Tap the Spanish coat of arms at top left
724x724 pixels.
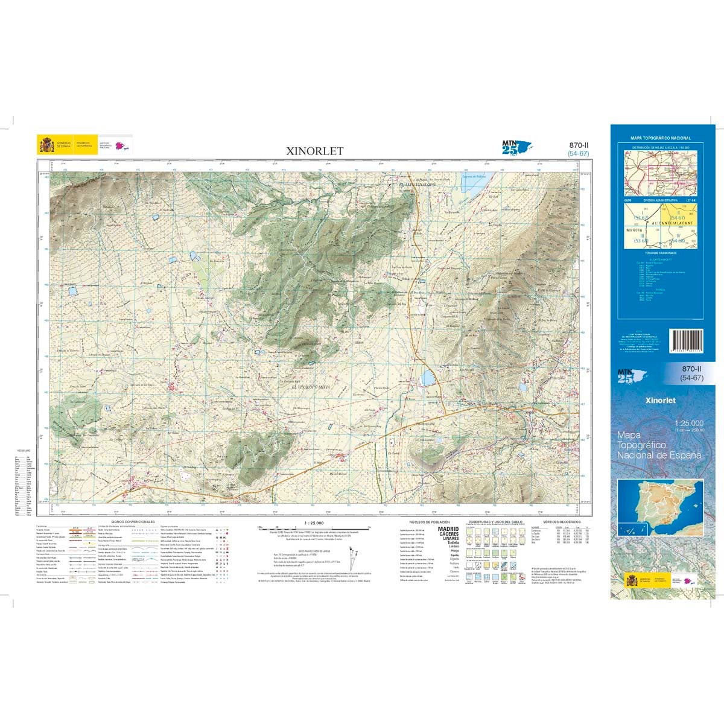pyautogui.click(x=46, y=145)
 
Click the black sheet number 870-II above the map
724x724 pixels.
pyautogui.click(x=579, y=145)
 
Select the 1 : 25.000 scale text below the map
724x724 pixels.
pyautogui.click(x=314, y=523)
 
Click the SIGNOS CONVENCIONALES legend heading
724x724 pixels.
pyautogui.click(x=133, y=521)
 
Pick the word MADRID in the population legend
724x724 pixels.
pyautogui.click(x=448, y=529)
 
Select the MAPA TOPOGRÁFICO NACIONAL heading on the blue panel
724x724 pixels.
pyautogui.click(x=660, y=138)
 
